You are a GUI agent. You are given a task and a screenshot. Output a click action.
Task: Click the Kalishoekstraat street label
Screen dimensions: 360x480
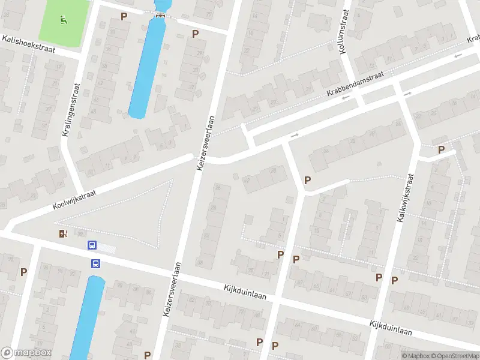point(28,44)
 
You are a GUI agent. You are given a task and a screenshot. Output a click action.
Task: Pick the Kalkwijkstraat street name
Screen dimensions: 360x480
point(406,199)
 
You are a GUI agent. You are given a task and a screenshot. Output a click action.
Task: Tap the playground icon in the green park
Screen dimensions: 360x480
point(63,19)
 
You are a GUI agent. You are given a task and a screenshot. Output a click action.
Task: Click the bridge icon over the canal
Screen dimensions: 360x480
point(160,15)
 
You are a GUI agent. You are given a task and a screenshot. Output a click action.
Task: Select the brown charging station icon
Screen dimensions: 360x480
point(64,233)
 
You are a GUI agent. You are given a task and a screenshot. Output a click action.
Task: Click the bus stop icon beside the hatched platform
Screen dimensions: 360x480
point(92,245)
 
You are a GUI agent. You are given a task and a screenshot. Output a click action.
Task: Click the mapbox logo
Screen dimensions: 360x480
point(26,353)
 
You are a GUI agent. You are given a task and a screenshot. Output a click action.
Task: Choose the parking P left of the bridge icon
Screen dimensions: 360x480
point(124,16)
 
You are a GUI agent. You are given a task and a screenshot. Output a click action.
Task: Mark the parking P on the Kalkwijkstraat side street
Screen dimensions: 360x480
point(442,150)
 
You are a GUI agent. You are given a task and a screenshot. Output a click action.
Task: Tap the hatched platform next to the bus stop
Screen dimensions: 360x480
point(107,247)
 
